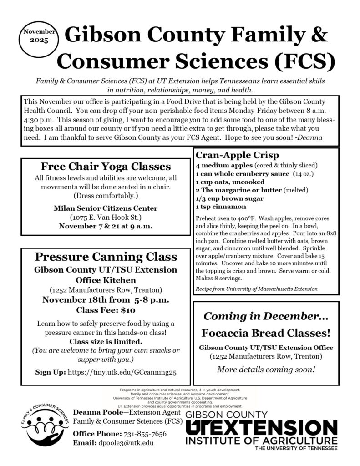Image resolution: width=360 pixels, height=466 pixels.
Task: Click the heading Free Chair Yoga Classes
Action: pos(106,166)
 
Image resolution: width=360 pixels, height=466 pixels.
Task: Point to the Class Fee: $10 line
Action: pos(106,311)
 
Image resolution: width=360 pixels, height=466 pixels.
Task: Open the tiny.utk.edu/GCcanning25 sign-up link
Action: pos(122,372)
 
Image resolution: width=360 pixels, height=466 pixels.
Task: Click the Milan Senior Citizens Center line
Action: pos(106,208)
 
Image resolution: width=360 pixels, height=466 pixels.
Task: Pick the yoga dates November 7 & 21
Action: pos(106,226)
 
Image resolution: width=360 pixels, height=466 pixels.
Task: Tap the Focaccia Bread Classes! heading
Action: pos(266,333)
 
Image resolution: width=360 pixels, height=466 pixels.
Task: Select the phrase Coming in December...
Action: pos(266,316)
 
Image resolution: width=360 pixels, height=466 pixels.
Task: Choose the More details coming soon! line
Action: pos(266,369)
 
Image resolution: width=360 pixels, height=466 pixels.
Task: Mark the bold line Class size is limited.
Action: pos(105,341)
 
